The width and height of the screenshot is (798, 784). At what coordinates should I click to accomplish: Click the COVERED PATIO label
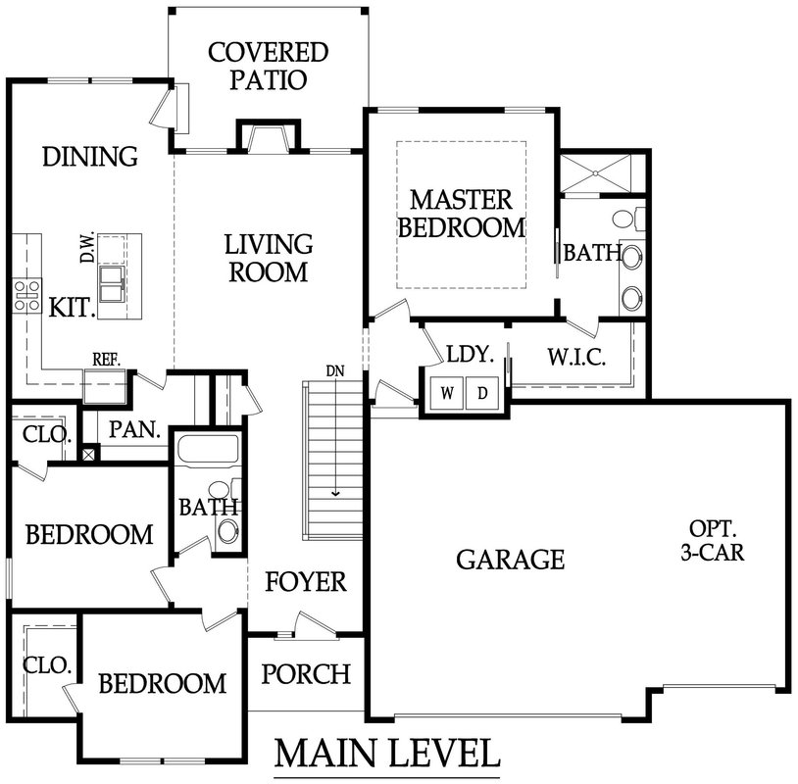click(x=269, y=66)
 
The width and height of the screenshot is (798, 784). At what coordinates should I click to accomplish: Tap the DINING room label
click(x=90, y=156)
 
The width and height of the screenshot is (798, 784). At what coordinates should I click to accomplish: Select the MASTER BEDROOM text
click(x=462, y=214)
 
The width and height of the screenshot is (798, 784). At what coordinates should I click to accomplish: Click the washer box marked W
click(x=447, y=393)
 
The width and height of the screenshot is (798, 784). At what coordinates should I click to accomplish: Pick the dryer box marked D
click(x=482, y=393)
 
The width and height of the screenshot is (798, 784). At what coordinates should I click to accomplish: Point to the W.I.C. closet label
click(x=576, y=357)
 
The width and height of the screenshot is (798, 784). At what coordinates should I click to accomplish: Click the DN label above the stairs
click(x=335, y=370)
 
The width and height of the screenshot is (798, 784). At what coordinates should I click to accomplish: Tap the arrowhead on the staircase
click(x=335, y=493)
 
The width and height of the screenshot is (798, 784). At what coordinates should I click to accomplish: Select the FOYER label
click(x=306, y=581)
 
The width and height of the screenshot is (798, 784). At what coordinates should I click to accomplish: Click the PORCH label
click(x=306, y=673)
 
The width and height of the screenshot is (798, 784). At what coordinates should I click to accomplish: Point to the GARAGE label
click(x=511, y=560)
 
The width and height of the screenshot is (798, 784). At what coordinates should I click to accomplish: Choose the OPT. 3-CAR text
click(x=713, y=540)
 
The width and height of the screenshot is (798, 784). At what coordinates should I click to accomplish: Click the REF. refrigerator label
click(x=106, y=360)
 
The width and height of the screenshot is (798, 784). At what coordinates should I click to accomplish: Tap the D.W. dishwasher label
click(x=87, y=247)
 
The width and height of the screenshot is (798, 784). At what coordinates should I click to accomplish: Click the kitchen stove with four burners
click(x=27, y=296)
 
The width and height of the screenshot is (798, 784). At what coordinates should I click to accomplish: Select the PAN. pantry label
click(x=135, y=430)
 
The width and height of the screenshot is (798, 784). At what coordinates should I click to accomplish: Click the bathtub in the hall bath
click(x=208, y=450)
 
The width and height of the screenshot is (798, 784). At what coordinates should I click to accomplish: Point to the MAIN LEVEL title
click(x=387, y=754)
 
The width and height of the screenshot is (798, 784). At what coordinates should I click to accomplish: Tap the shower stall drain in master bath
click(x=595, y=174)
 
